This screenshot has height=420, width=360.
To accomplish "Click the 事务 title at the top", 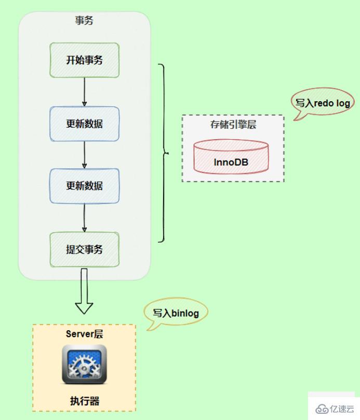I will pyautogui.click(x=84, y=20).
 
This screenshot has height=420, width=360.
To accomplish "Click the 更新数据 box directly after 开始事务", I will pyautogui.click(x=84, y=124).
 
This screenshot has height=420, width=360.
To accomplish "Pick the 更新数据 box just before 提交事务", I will pyautogui.click(x=84, y=185).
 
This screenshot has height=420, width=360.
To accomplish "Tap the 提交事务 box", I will pyautogui.click(x=84, y=249).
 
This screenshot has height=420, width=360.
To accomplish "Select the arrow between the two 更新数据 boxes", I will pyautogui.click(x=84, y=154).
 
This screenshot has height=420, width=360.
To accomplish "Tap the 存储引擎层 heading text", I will pyautogui.click(x=233, y=125).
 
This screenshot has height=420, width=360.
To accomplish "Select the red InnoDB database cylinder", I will pyautogui.click(x=231, y=156).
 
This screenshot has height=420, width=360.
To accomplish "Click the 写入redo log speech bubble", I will pyautogui.click(x=323, y=103).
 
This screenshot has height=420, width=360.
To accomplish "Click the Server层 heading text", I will pyautogui.click(x=84, y=333).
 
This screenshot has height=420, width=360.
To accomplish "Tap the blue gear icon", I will pyautogui.click(x=84, y=364).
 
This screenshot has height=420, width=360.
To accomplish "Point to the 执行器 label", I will pyautogui.click(x=84, y=400).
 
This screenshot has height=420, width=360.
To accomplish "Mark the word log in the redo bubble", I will pyautogui.click(x=343, y=103).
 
